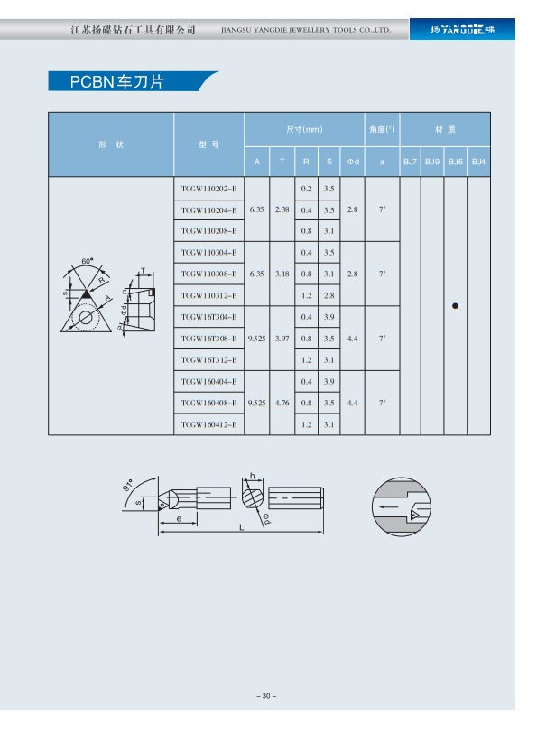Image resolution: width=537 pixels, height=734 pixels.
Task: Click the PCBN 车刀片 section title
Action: point(117,82)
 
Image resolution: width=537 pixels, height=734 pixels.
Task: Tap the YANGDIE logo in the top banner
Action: point(462,30)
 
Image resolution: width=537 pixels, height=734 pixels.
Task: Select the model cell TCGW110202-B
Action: point(208,189)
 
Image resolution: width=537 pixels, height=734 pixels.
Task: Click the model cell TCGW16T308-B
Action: point(208,339)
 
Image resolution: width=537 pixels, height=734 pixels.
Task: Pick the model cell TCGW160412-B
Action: point(208,424)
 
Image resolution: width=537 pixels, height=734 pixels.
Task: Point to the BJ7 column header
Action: point(411,162)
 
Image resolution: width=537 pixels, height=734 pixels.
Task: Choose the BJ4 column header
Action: point(478,162)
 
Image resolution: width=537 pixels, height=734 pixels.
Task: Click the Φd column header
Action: point(353,162)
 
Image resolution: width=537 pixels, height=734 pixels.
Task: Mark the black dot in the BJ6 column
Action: point(455,306)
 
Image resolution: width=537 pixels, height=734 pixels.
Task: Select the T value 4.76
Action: point(282,403)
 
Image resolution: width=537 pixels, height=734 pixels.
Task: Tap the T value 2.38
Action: point(282,209)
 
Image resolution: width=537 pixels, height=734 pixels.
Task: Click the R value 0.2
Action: point(306,189)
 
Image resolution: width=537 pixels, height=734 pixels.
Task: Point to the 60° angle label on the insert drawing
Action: point(88,261)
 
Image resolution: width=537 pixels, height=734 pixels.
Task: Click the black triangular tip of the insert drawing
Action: point(86,294)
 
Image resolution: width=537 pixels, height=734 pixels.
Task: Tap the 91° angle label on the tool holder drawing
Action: point(127,485)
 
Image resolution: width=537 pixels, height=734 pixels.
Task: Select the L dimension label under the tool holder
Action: point(241,527)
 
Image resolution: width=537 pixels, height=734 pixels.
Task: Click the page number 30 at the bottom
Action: point(266,696)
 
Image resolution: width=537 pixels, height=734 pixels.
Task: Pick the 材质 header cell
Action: point(445,130)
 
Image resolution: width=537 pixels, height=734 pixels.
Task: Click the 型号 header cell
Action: point(208,144)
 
